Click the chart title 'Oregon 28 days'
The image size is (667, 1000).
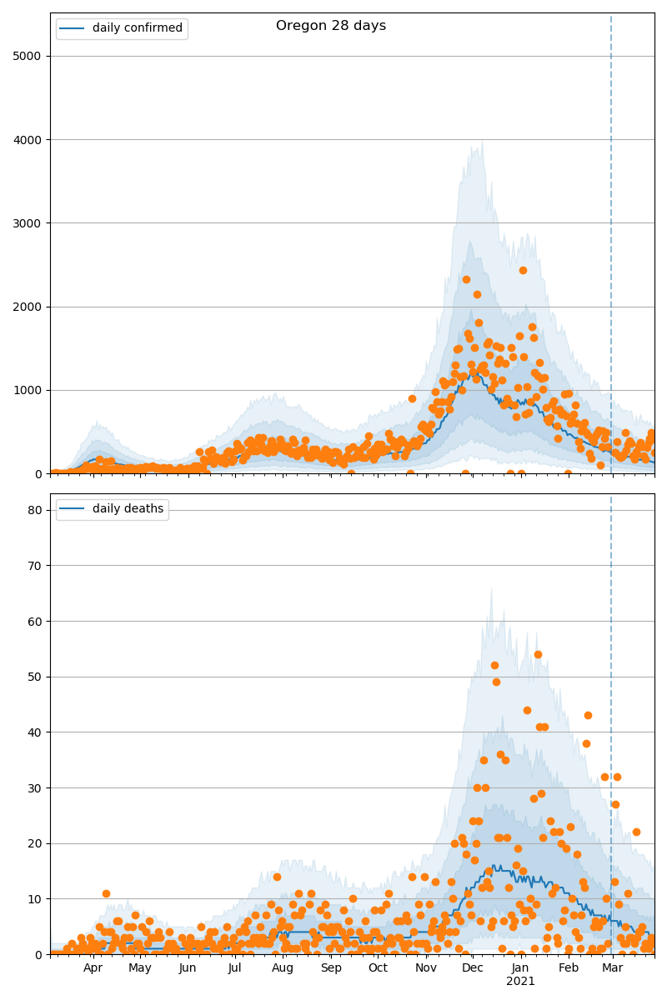331,26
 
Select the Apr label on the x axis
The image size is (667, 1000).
93,968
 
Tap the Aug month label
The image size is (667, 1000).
283,968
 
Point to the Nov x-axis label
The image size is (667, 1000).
426,968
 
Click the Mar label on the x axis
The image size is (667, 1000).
613,968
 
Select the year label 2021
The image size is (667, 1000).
520,982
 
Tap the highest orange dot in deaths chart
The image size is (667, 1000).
538,654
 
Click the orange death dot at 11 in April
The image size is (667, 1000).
106,893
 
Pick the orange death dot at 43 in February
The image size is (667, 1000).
588,715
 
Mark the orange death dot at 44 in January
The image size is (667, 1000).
527,710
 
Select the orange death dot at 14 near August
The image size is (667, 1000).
277,877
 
